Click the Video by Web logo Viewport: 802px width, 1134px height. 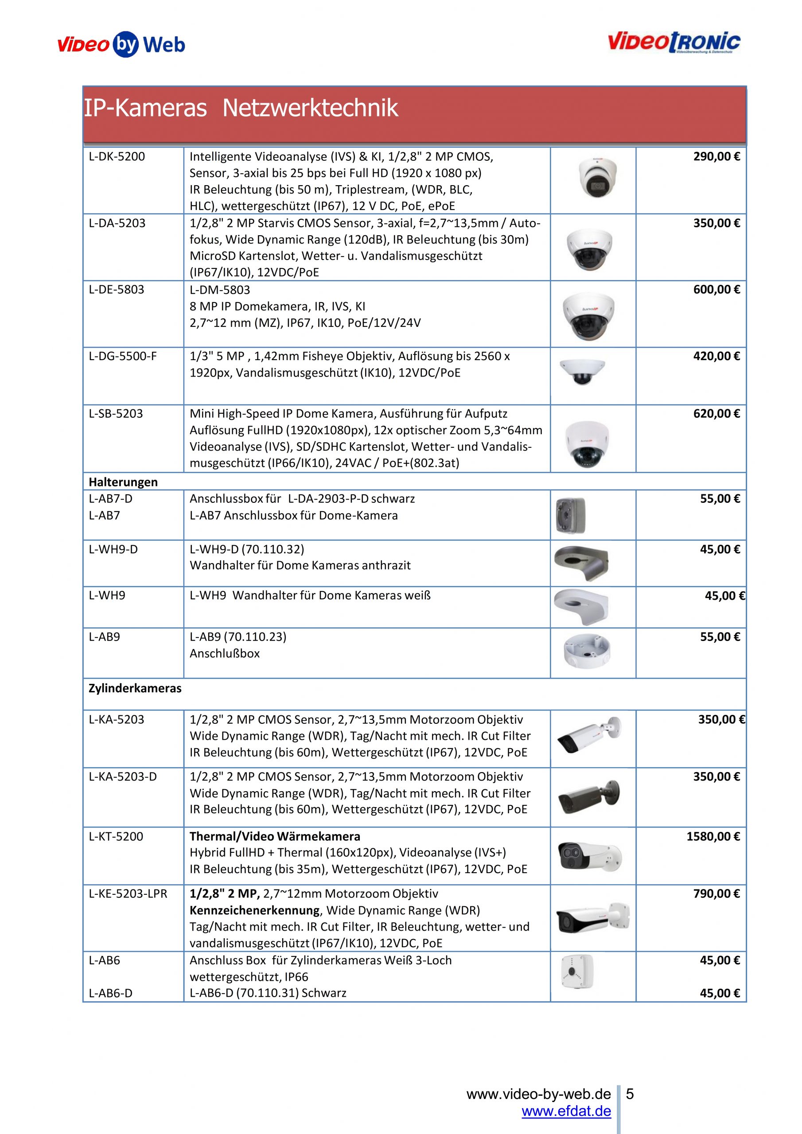(121, 44)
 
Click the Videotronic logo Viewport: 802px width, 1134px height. (674, 43)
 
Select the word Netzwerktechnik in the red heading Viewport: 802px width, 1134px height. (310, 108)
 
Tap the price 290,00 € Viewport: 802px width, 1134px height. (716, 156)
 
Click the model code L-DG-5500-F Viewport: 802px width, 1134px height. (123, 356)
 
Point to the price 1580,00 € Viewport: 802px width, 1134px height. (712, 836)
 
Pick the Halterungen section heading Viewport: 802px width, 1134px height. (123, 482)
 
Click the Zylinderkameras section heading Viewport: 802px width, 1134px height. (135, 688)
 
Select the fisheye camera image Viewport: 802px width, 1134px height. (582, 371)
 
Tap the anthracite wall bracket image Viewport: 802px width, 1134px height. (581, 563)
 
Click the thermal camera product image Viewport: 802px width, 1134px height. (589, 856)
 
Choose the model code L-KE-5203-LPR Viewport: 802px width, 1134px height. (128, 893)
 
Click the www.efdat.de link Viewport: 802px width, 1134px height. (566, 1112)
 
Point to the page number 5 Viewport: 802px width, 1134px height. (630, 1094)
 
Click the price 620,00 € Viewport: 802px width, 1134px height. (716, 413)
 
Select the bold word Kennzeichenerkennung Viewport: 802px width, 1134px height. (254, 910)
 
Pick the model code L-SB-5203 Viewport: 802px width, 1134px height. (116, 413)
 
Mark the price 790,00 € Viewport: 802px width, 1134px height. (716, 893)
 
